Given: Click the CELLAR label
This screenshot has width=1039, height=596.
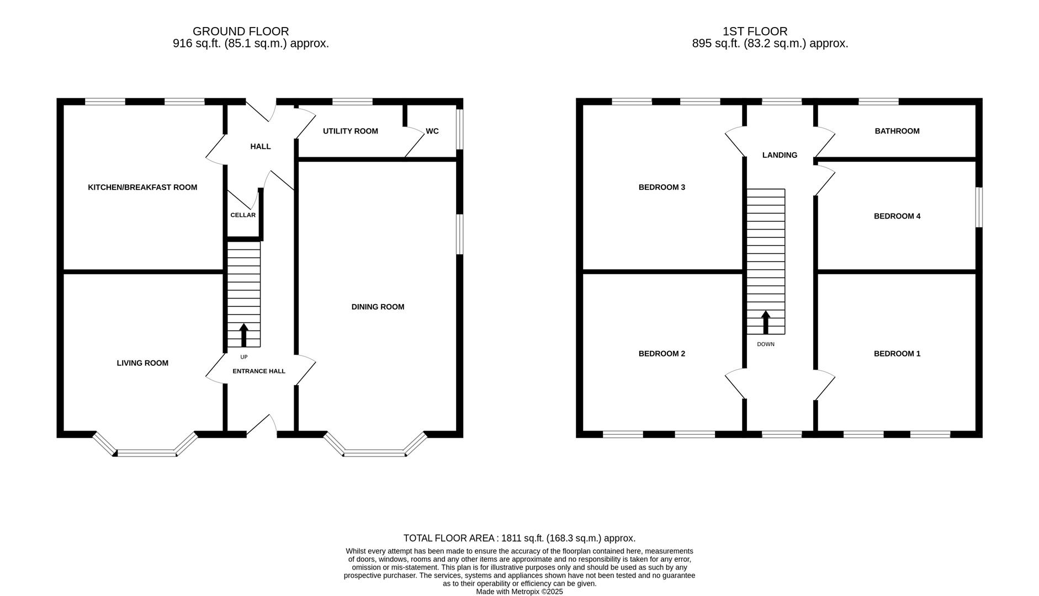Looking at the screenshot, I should [243, 215].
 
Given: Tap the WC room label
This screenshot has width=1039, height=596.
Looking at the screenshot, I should [432, 131].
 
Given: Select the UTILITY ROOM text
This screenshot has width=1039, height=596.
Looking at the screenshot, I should [350, 131].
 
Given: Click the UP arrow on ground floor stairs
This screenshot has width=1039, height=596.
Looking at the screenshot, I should [243, 334].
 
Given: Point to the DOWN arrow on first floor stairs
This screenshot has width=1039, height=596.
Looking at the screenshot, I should [766, 322].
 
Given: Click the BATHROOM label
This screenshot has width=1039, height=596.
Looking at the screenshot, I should [897, 131].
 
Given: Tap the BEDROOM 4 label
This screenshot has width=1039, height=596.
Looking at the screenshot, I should [897, 216].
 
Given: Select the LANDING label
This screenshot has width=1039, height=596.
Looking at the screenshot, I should [780, 156].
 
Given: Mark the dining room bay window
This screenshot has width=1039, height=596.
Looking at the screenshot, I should [375, 453].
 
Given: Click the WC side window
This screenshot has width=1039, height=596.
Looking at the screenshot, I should [459, 129].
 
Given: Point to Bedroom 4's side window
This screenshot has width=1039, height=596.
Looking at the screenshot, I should [979, 207].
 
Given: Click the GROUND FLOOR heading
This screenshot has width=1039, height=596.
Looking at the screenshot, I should [240, 31].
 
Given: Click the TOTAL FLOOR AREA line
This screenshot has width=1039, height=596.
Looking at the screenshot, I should [519, 538].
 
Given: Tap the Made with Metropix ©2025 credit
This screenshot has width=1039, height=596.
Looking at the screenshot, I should [519, 592].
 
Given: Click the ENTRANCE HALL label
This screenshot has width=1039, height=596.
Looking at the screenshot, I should [258, 371].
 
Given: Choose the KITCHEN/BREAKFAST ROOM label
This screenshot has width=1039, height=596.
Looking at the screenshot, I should [142, 188].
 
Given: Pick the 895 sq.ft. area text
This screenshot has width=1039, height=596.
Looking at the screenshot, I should [770, 44].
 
